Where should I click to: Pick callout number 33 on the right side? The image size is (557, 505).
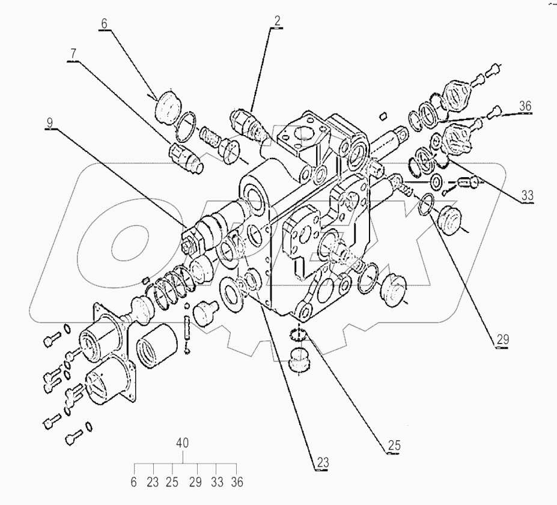click(526, 195)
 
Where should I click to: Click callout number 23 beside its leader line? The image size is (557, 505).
click(323, 463)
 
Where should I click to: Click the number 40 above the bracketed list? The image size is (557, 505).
click(183, 443)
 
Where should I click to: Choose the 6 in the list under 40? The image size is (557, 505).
click(135, 482)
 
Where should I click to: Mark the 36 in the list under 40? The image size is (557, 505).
click(237, 482)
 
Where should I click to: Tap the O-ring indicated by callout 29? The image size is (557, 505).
click(427, 205)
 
